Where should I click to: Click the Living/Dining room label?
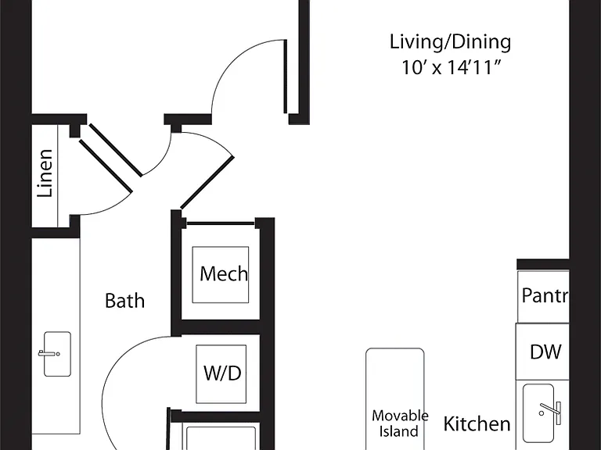451,42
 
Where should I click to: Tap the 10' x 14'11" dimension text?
451,68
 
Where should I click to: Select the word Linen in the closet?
45,173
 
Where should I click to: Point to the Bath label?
124,301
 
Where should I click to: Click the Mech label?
224,274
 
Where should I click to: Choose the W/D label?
222,373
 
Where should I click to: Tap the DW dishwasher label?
545,352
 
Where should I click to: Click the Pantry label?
545,295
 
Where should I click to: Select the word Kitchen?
477,424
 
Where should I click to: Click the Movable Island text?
399,423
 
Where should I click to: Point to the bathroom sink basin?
57,354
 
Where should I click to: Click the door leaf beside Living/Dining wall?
285,77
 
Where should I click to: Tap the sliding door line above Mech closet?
221,223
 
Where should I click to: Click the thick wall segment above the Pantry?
543,264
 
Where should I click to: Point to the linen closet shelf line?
58,176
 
